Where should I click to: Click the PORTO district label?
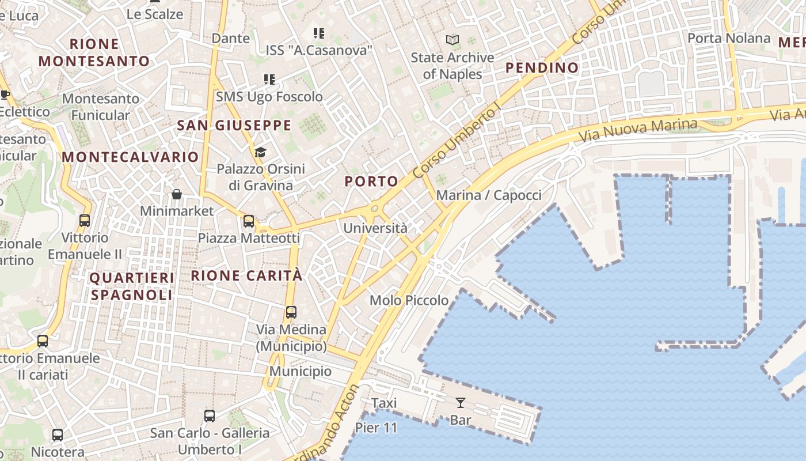[x=371, y=182]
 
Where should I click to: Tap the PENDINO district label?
[x=542, y=68]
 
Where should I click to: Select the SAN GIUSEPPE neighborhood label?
[x=234, y=125]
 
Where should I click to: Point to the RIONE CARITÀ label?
[x=246, y=275]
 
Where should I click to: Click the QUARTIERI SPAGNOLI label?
[x=132, y=286]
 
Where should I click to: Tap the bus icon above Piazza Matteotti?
[x=249, y=221]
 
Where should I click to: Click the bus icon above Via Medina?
[x=291, y=312]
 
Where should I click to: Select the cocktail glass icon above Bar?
[x=461, y=402]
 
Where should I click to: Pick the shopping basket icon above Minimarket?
[x=177, y=194]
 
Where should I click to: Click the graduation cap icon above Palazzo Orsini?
[x=261, y=152]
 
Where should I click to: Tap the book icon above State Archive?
[x=453, y=40]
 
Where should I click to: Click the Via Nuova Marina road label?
[x=638, y=130]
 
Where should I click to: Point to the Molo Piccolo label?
[x=409, y=300]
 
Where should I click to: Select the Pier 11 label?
[x=376, y=428]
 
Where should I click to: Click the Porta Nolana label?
[x=729, y=39]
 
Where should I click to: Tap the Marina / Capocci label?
[x=489, y=195]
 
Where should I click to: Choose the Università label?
[x=375, y=228]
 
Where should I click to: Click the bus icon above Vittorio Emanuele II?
[x=85, y=220]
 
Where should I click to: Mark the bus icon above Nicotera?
[x=58, y=435]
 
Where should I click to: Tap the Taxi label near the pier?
[x=384, y=403]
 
